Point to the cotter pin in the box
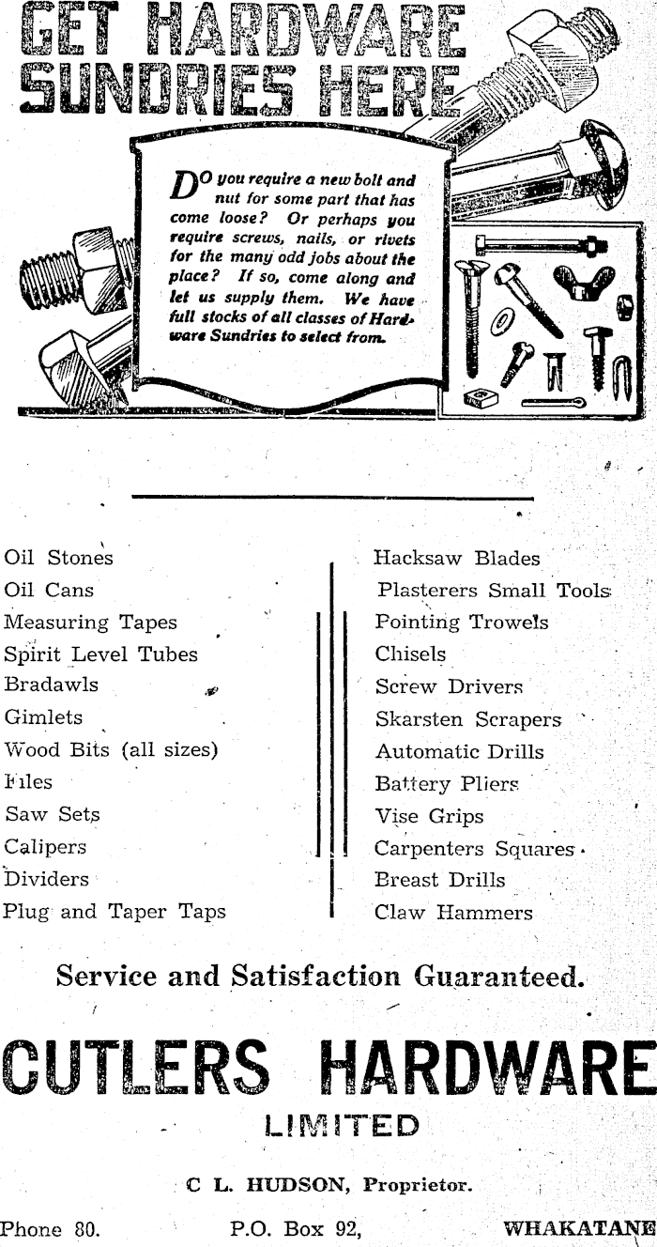pyautogui.click(x=554, y=402)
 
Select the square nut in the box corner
pyautogui.click(x=481, y=396)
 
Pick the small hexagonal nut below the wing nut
pyautogui.click(x=624, y=307)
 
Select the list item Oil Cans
pyautogui.click(x=49, y=591)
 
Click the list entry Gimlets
pyautogui.click(x=43, y=717)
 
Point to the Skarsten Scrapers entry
pyautogui.click(x=467, y=720)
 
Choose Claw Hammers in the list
pyautogui.click(x=453, y=912)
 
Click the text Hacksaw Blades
pyautogui.click(x=457, y=559)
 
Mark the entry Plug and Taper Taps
pyautogui.click(x=115, y=912)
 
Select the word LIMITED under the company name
pyautogui.click(x=342, y=1124)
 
